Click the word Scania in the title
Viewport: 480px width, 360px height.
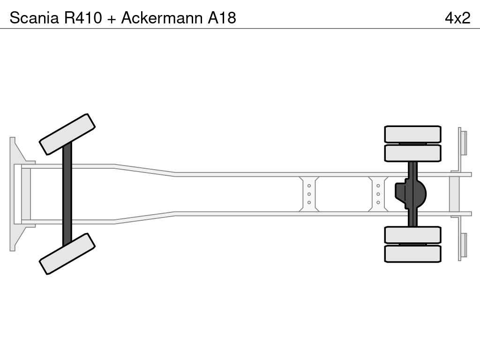coord(34,18)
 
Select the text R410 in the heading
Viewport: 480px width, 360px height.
coord(83,18)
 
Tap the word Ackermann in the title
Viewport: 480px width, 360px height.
coord(162,18)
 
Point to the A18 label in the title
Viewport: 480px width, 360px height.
coord(222,18)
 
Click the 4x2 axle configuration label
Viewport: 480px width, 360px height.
coord(457,18)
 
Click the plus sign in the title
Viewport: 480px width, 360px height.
coord(112,19)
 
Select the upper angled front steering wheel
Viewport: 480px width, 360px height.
coord(67,135)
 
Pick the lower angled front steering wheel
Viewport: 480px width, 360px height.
coord(67,254)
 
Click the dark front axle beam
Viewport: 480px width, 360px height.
coord(67,194)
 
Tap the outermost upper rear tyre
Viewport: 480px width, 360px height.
coord(412,134)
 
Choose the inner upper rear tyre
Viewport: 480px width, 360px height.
coord(412,153)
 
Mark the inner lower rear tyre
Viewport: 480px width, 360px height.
coord(412,235)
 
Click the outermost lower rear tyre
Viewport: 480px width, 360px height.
coord(412,254)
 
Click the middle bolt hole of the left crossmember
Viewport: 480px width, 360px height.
coord(309,194)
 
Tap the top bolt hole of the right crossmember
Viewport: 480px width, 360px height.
coord(378,186)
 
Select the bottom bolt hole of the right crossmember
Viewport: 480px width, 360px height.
coord(378,202)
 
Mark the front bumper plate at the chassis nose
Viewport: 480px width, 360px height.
coord(18,194)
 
